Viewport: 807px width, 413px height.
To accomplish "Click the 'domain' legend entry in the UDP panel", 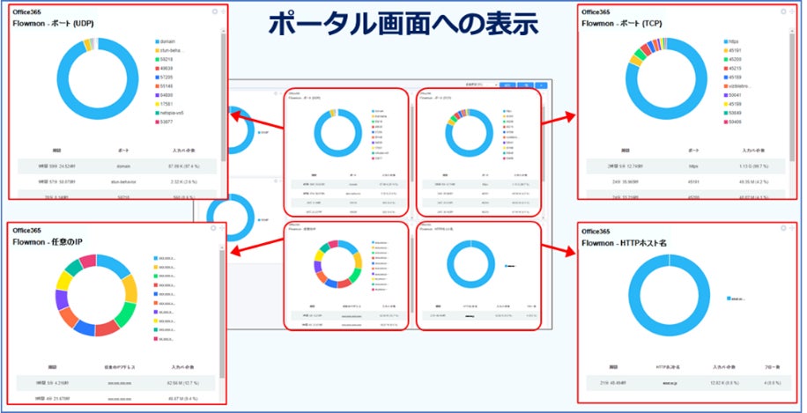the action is click(x=167, y=41).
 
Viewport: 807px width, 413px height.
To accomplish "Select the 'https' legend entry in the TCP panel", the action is click(x=734, y=41).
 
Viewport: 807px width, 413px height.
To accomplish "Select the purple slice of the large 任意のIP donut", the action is click(x=63, y=300).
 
